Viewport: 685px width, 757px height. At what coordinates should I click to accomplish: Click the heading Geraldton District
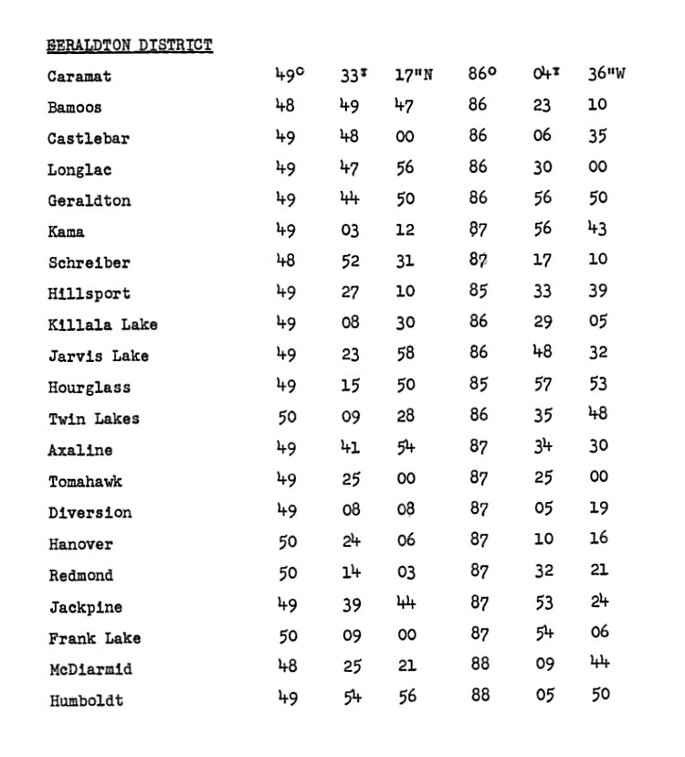point(130,45)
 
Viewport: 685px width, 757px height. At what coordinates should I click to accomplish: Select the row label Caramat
point(79,77)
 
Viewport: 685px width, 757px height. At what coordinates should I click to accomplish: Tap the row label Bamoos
point(75,108)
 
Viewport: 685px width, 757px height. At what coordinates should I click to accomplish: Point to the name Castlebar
point(89,139)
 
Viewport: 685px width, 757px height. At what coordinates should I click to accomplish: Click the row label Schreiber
point(89,263)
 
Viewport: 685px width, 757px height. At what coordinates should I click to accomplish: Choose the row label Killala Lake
point(102,325)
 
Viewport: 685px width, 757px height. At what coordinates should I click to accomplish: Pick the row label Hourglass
point(89,388)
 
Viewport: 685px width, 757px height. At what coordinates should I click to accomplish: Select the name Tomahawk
point(85,482)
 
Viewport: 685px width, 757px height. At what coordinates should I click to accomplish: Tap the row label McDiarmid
point(90,669)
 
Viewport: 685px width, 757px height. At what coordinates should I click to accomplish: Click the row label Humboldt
point(85,701)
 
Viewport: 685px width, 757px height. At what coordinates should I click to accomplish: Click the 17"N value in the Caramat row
point(414,76)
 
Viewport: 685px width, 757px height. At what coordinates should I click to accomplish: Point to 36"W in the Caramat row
point(606,75)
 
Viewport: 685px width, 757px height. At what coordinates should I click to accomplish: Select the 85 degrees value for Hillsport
point(479,293)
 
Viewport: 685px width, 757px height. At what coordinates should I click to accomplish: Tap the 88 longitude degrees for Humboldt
point(479,696)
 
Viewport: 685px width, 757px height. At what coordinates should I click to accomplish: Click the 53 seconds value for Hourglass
point(598,384)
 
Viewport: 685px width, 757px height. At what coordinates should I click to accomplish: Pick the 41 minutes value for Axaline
point(351,449)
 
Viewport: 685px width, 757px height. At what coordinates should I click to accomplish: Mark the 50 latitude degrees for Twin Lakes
point(287,416)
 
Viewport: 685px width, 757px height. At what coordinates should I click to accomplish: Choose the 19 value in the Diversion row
point(598,508)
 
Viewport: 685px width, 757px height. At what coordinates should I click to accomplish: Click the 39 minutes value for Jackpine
point(351,605)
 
